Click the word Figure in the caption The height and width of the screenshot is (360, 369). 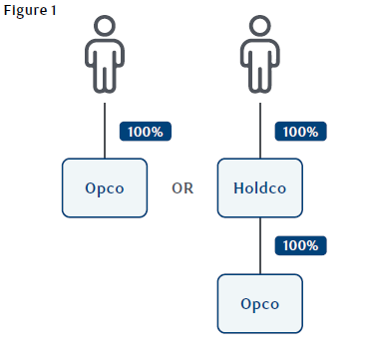(x=25, y=11)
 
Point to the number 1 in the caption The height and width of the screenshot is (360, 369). (x=53, y=10)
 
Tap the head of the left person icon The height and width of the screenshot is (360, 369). (x=105, y=25)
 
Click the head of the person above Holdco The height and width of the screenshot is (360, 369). (x=260, y=25)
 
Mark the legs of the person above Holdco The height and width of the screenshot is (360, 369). (x=260, y=80)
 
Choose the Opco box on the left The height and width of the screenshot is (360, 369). (x=105, y=188)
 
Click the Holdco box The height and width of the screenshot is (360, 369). (x=260, y=188)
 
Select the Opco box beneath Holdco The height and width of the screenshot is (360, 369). (x=260, y=303)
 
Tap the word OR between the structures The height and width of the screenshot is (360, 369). (x=183, y=188)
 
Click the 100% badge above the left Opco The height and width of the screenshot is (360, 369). (x=146, y=132)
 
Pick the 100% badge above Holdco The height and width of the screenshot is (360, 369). (x=300, y=132)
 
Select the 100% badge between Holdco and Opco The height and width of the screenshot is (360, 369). (x=300, y=245)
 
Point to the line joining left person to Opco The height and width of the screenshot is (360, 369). (x=105, y=131)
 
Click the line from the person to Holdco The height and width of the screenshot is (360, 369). (x=260, y=131)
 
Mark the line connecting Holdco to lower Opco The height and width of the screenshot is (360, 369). (x=260, y=245)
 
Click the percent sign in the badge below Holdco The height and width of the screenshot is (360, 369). (x=312, y=245)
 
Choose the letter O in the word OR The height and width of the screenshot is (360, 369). (x=177, y=188)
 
